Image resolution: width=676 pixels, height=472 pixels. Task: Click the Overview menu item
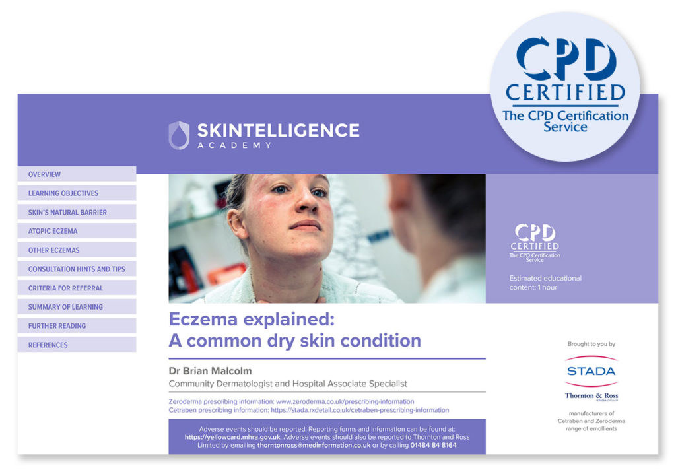[44, 174]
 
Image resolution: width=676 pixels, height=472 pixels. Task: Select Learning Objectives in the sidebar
[63, 193]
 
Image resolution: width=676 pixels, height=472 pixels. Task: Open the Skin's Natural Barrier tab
[67, 213]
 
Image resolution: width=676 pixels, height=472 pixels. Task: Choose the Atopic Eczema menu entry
[53, 231]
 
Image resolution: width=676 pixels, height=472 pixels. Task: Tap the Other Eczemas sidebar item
[53, 250]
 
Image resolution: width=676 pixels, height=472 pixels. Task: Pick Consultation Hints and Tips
[77, 269]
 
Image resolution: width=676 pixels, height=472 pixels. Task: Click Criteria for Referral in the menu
[65, 288]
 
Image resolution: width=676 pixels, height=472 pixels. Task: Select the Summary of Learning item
[65, 307]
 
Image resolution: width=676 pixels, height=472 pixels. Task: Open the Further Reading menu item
[57, 326]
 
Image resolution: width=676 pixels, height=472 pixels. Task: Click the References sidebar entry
[48, 345]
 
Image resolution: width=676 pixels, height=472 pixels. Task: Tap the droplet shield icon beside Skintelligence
[179, 135]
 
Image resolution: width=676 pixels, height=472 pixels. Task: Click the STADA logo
[591, 371]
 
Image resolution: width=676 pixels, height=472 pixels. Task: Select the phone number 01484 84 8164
[433, 445]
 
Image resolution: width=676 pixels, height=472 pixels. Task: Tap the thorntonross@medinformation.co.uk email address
[313, 445]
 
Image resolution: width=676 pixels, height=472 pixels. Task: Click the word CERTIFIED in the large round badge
[565, 92]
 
